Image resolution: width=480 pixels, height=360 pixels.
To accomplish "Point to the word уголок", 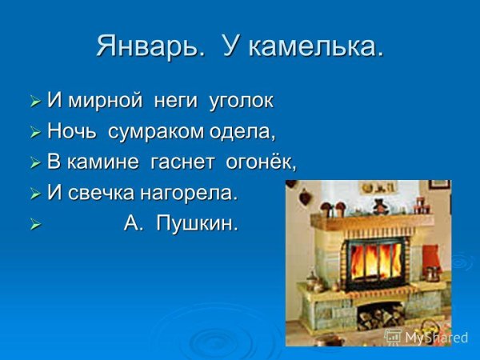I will pos(241,102).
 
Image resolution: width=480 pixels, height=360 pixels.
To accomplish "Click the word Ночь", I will pos(73,131).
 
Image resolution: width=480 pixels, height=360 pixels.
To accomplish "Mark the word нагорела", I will pos(196,193).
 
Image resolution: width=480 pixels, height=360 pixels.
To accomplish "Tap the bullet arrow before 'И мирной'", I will pos(34,102).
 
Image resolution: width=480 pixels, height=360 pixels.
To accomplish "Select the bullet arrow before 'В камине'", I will pos(34,163).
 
